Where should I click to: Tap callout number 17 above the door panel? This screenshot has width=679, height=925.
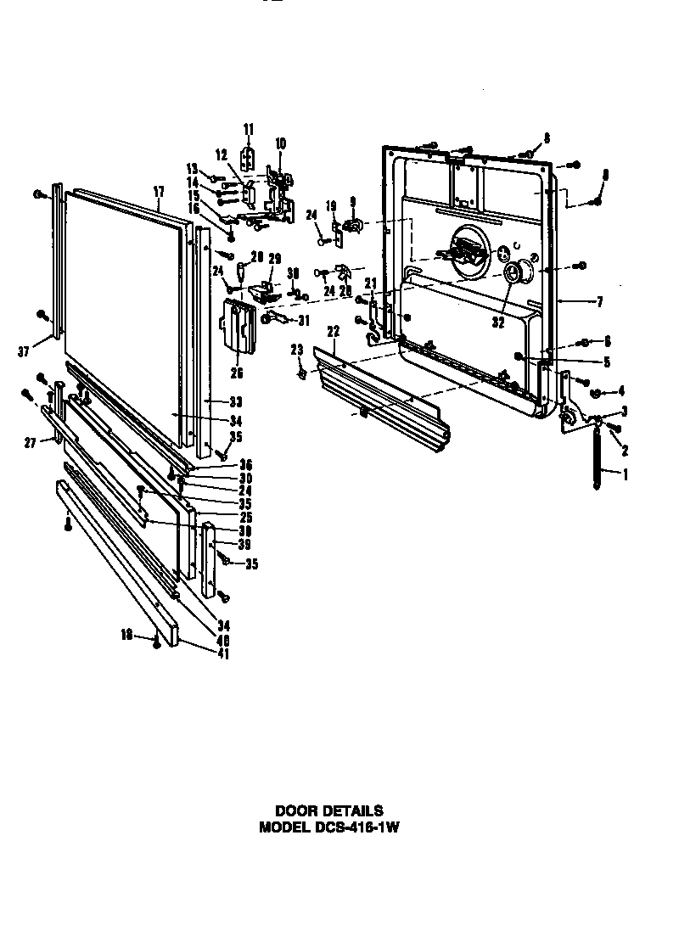pyautogui.click(x=159, y=193)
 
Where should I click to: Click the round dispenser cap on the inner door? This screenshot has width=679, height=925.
pyautogui.click(x=513, y=273)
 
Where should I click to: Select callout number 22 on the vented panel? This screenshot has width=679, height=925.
pyautogui.click(x=334, y=331)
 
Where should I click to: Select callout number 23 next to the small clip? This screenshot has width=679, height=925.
pyautogui.click(x=297, y=349)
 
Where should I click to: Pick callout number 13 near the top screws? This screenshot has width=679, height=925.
pyautogui.click(x=192, y=167)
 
